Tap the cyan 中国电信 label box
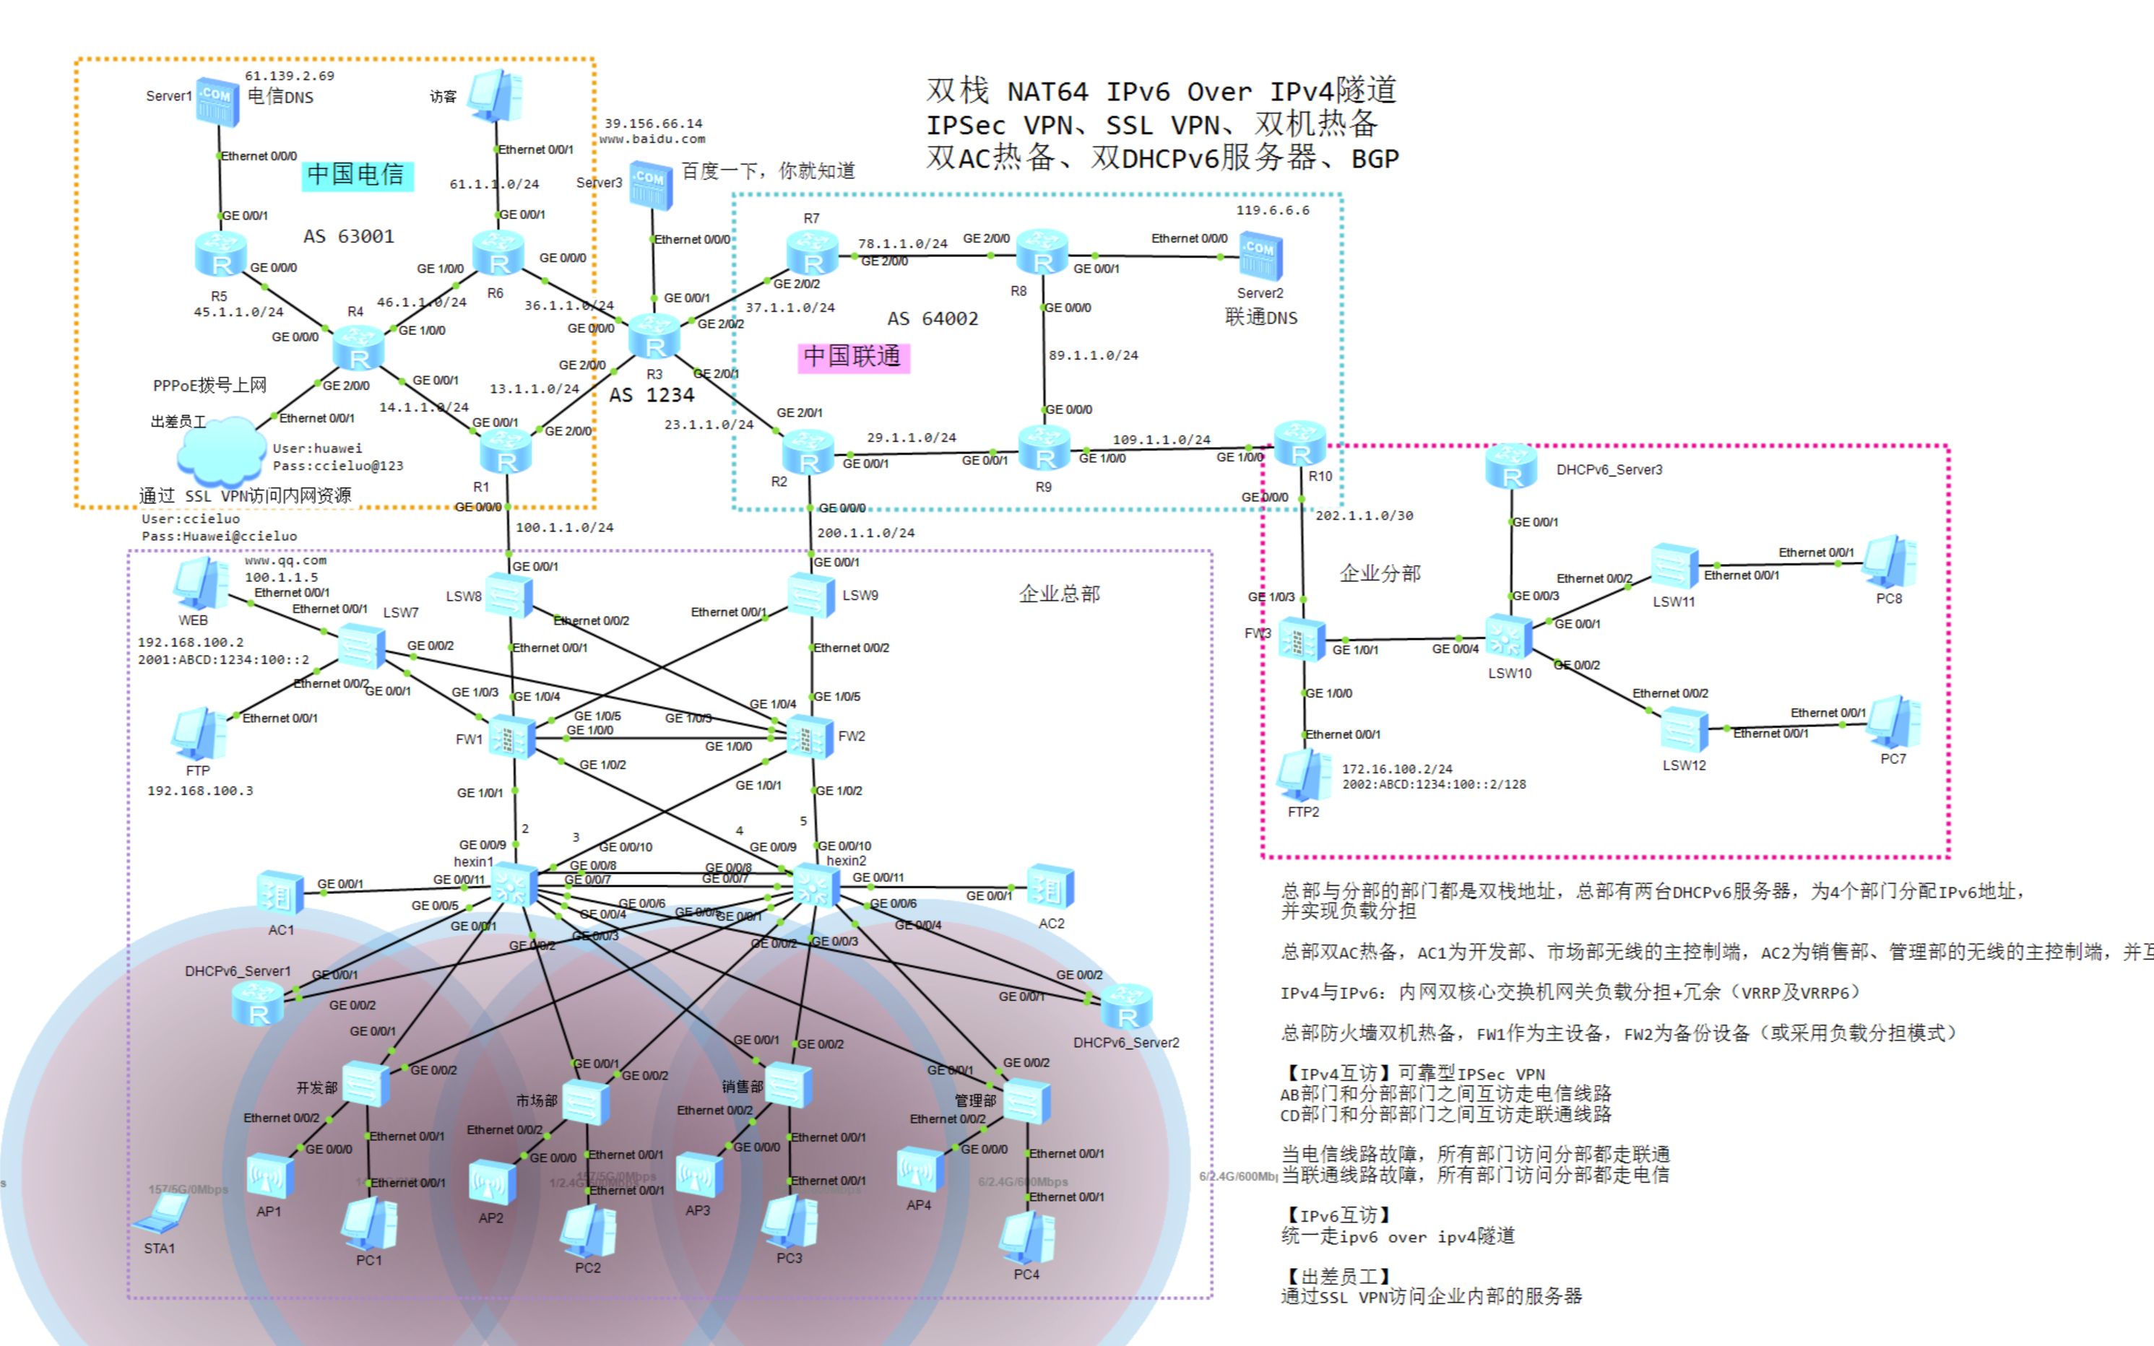357,175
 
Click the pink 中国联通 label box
853,357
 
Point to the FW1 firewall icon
512,737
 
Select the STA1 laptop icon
162,1213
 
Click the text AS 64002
933,318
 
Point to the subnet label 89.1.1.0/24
1093,355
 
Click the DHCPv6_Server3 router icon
1510,466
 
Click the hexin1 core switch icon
513,885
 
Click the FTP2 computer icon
1302,775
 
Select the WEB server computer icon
200,584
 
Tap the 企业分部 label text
1380,573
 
